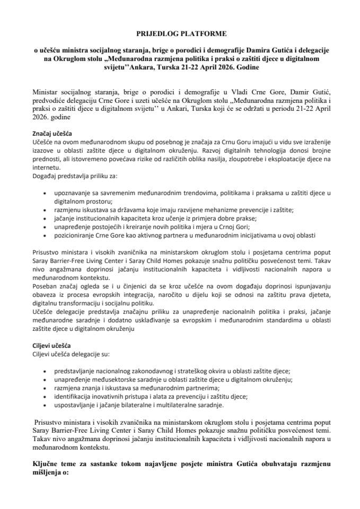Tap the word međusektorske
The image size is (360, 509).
click(x=112, y=380)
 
